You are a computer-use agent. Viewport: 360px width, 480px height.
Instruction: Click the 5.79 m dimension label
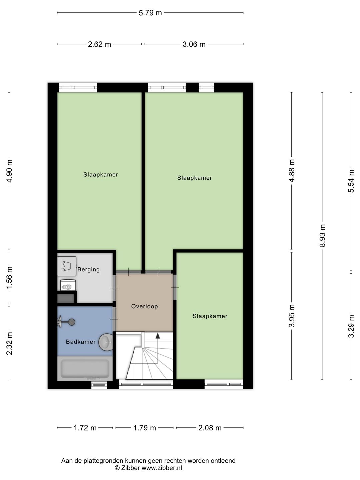pos(150,13)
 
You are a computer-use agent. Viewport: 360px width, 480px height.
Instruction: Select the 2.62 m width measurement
pos(99,44)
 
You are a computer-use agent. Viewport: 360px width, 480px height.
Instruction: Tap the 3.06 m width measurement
pos(194,44)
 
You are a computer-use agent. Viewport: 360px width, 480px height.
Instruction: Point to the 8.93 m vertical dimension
pos(322,235)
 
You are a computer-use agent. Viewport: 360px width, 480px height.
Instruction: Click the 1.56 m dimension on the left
pos(9,277)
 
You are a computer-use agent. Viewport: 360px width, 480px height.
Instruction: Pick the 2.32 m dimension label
pos(9,343)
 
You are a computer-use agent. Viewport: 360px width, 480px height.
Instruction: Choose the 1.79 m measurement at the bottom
pos(145,428)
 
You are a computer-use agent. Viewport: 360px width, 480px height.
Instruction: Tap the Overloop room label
pos(144,306)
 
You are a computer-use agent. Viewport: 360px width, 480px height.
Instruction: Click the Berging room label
pos(88,269)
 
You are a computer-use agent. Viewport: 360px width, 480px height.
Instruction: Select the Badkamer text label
pos(81,342)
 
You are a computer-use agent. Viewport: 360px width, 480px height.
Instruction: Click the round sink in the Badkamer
pos(106,342)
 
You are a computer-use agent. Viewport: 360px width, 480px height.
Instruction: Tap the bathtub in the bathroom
pos(85,369)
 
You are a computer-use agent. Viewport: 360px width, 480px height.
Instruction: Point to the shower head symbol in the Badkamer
pos(67,322)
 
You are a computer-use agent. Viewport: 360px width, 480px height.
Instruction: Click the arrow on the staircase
pos(158,336)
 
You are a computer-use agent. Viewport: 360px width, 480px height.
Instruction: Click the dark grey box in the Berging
pos(66,298)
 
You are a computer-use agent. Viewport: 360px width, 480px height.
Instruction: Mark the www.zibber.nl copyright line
pos(148,468)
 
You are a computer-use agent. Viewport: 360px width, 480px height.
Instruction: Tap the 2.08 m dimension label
pos(210,428)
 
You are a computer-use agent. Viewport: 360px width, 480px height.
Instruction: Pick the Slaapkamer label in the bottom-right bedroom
pos(210,316)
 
